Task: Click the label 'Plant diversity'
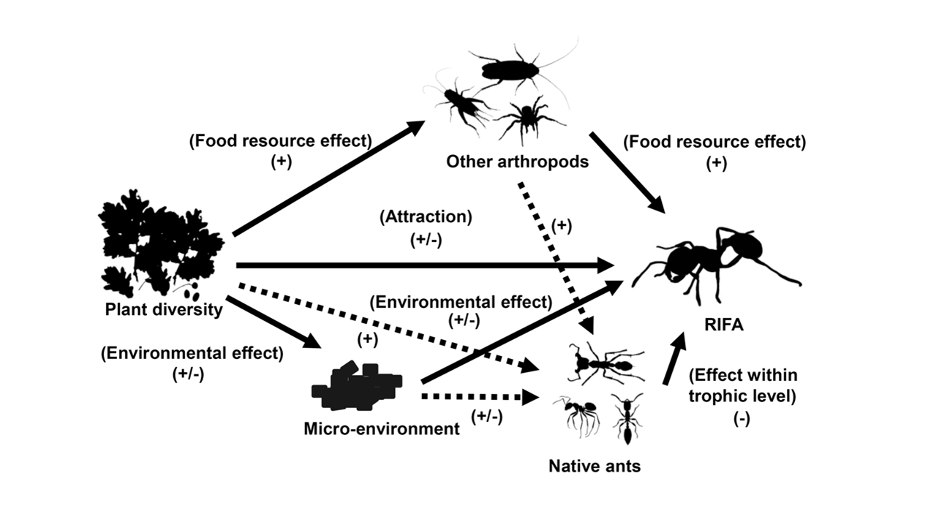pos(163,309)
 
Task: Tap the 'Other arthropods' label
pos(517,162)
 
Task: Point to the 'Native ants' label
pos(595,465)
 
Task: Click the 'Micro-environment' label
pos(381,428)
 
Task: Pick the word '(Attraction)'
pos(426,216)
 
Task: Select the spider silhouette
pos(528,117)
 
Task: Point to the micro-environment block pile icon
pos(356,387)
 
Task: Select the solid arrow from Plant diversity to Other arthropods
pos(328,178)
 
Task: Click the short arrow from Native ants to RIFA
pos(674,358)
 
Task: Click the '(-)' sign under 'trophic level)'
pos(742,420)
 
